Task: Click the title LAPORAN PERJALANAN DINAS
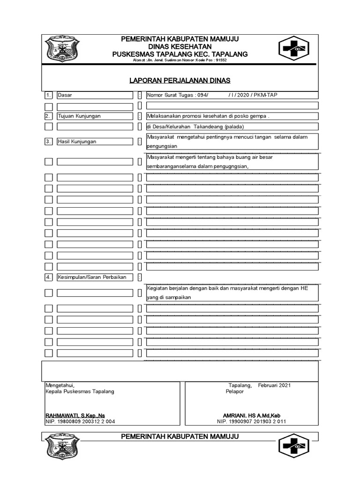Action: (x=180, y=81)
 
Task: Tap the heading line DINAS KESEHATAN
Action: (x=180, y=47)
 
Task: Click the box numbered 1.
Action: (x=48, y=95)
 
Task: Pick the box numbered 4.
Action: (x=48, y=277)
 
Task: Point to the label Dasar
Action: (x=65, y=95)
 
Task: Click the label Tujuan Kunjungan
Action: (x=79, y=116)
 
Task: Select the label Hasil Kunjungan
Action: (x=77, y=141)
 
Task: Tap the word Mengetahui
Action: (x=60, y=385)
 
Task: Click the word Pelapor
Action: (x=234, y=391)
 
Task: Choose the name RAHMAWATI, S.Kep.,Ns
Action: (x=75, y=415)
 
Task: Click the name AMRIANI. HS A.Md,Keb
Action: (x=251, y=415)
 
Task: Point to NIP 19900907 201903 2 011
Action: (x=252, y=421)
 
